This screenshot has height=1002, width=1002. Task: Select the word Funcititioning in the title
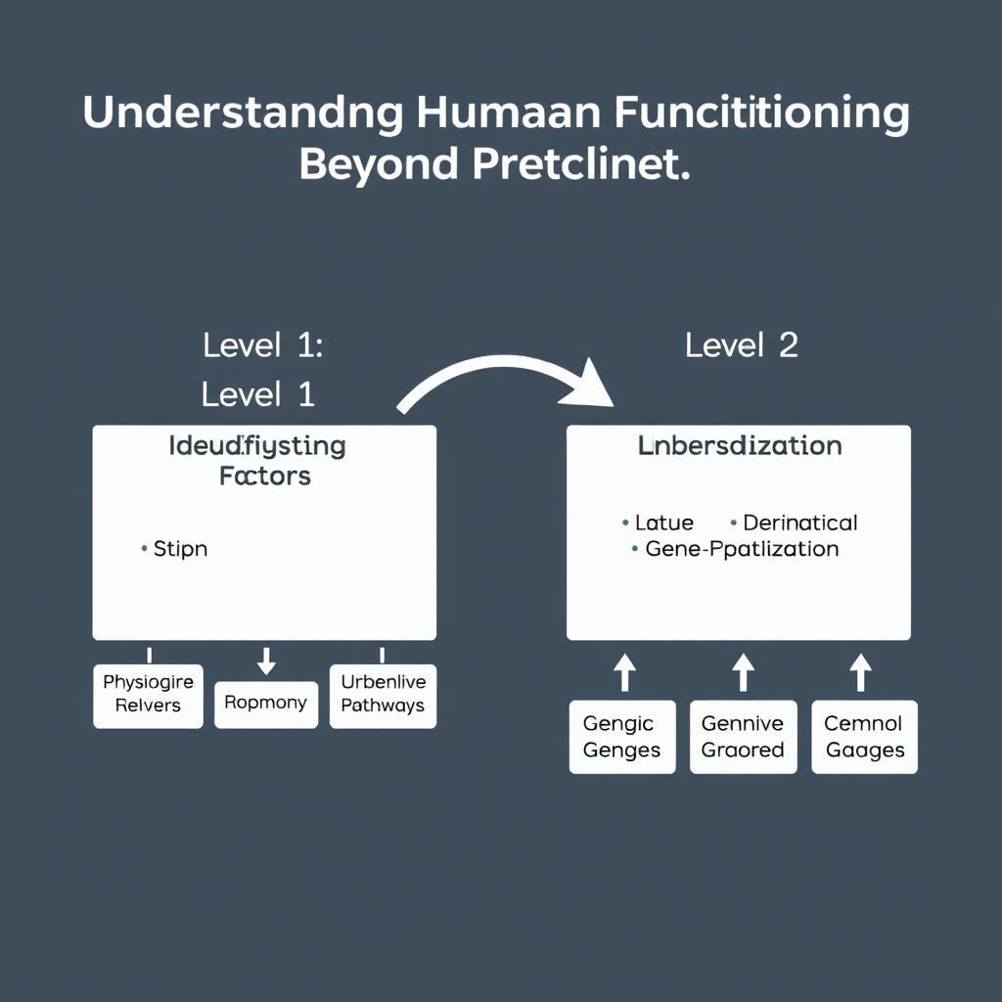point(761,114)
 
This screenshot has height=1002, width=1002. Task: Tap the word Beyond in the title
point(379,164)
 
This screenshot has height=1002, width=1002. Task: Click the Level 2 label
point(741,344)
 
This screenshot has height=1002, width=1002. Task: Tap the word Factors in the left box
point(265,477)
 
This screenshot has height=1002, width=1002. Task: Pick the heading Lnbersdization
point(739,446)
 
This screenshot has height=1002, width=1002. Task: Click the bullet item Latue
point(663,523)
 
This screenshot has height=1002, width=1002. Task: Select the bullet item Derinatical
point(799,523)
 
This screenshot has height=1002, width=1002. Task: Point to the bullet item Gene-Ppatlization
point(741,549)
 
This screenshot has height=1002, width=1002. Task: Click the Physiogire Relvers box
point(148,694)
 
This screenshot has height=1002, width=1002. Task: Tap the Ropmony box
point(265,704)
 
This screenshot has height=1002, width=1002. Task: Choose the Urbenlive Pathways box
point(383,694)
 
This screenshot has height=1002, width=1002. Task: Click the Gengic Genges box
point(621,737)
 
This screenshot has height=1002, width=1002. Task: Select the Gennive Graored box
point(743,737)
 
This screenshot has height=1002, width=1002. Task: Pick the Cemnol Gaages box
point(864,737)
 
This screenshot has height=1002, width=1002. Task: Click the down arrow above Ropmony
point(265,663)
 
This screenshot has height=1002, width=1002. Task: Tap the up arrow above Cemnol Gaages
point(860,674)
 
